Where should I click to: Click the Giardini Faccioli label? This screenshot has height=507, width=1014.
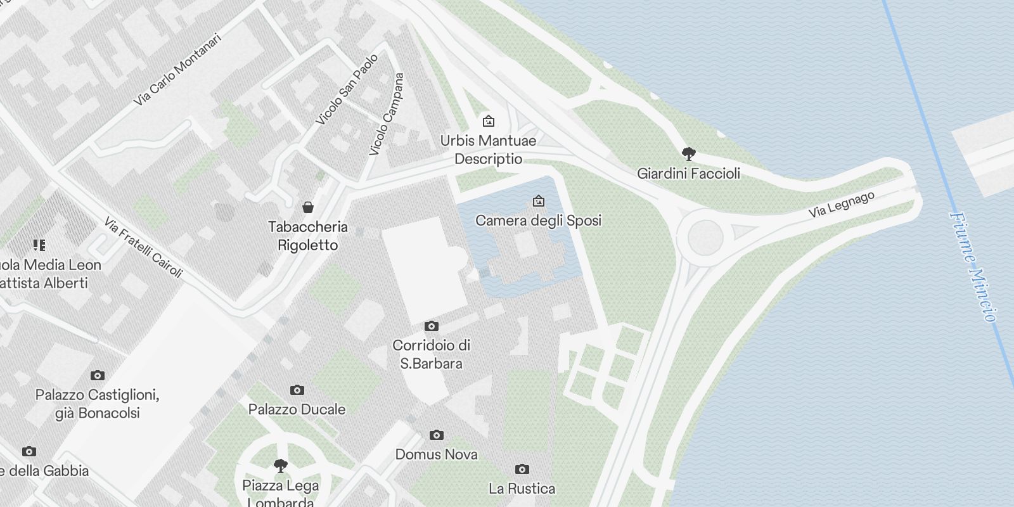(x=688, y=173)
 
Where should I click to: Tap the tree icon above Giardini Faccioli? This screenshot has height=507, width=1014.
(x=688, y=153)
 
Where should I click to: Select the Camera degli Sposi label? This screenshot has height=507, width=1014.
(x=538, y=220)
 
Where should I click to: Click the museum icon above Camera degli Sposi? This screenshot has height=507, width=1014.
(x=539, y=202)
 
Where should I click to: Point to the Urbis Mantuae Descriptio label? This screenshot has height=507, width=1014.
(x=488, y=150)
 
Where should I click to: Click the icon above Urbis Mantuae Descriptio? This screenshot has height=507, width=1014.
(x=488, y=121)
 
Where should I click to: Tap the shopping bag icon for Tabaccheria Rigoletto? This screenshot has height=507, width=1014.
(x=308, y=207)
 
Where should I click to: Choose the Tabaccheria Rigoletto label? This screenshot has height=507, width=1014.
(x=308, y=236)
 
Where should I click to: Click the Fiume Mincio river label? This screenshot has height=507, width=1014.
(x=973, y=266)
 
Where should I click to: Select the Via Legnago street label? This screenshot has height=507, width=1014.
(x=841, y=205)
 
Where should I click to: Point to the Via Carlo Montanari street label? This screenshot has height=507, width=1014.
(x=178, y=69)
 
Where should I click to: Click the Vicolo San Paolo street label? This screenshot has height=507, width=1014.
(x=347, y=89)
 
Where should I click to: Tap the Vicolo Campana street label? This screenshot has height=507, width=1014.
(x=386, y=114)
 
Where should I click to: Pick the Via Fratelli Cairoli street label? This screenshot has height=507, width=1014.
(x=143, y=247)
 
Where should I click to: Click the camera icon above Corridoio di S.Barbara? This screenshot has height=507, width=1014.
(x=432, y=326)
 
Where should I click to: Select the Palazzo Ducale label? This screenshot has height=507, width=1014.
(x=297, y=409)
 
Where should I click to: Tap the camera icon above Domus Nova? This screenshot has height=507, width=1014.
(x=436, y=435)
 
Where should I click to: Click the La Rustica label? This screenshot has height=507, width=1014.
(x=522, y=489)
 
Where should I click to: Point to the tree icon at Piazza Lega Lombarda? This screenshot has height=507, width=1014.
(x=280, y=466)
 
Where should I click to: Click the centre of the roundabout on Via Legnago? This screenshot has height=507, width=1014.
(x=705, y=237)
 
